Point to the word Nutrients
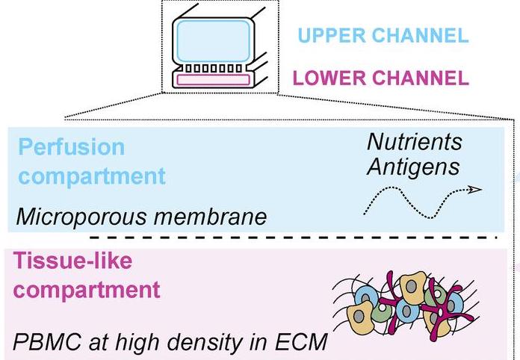click(x=415, y=141)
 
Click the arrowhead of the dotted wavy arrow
click(x=474, y=190)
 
